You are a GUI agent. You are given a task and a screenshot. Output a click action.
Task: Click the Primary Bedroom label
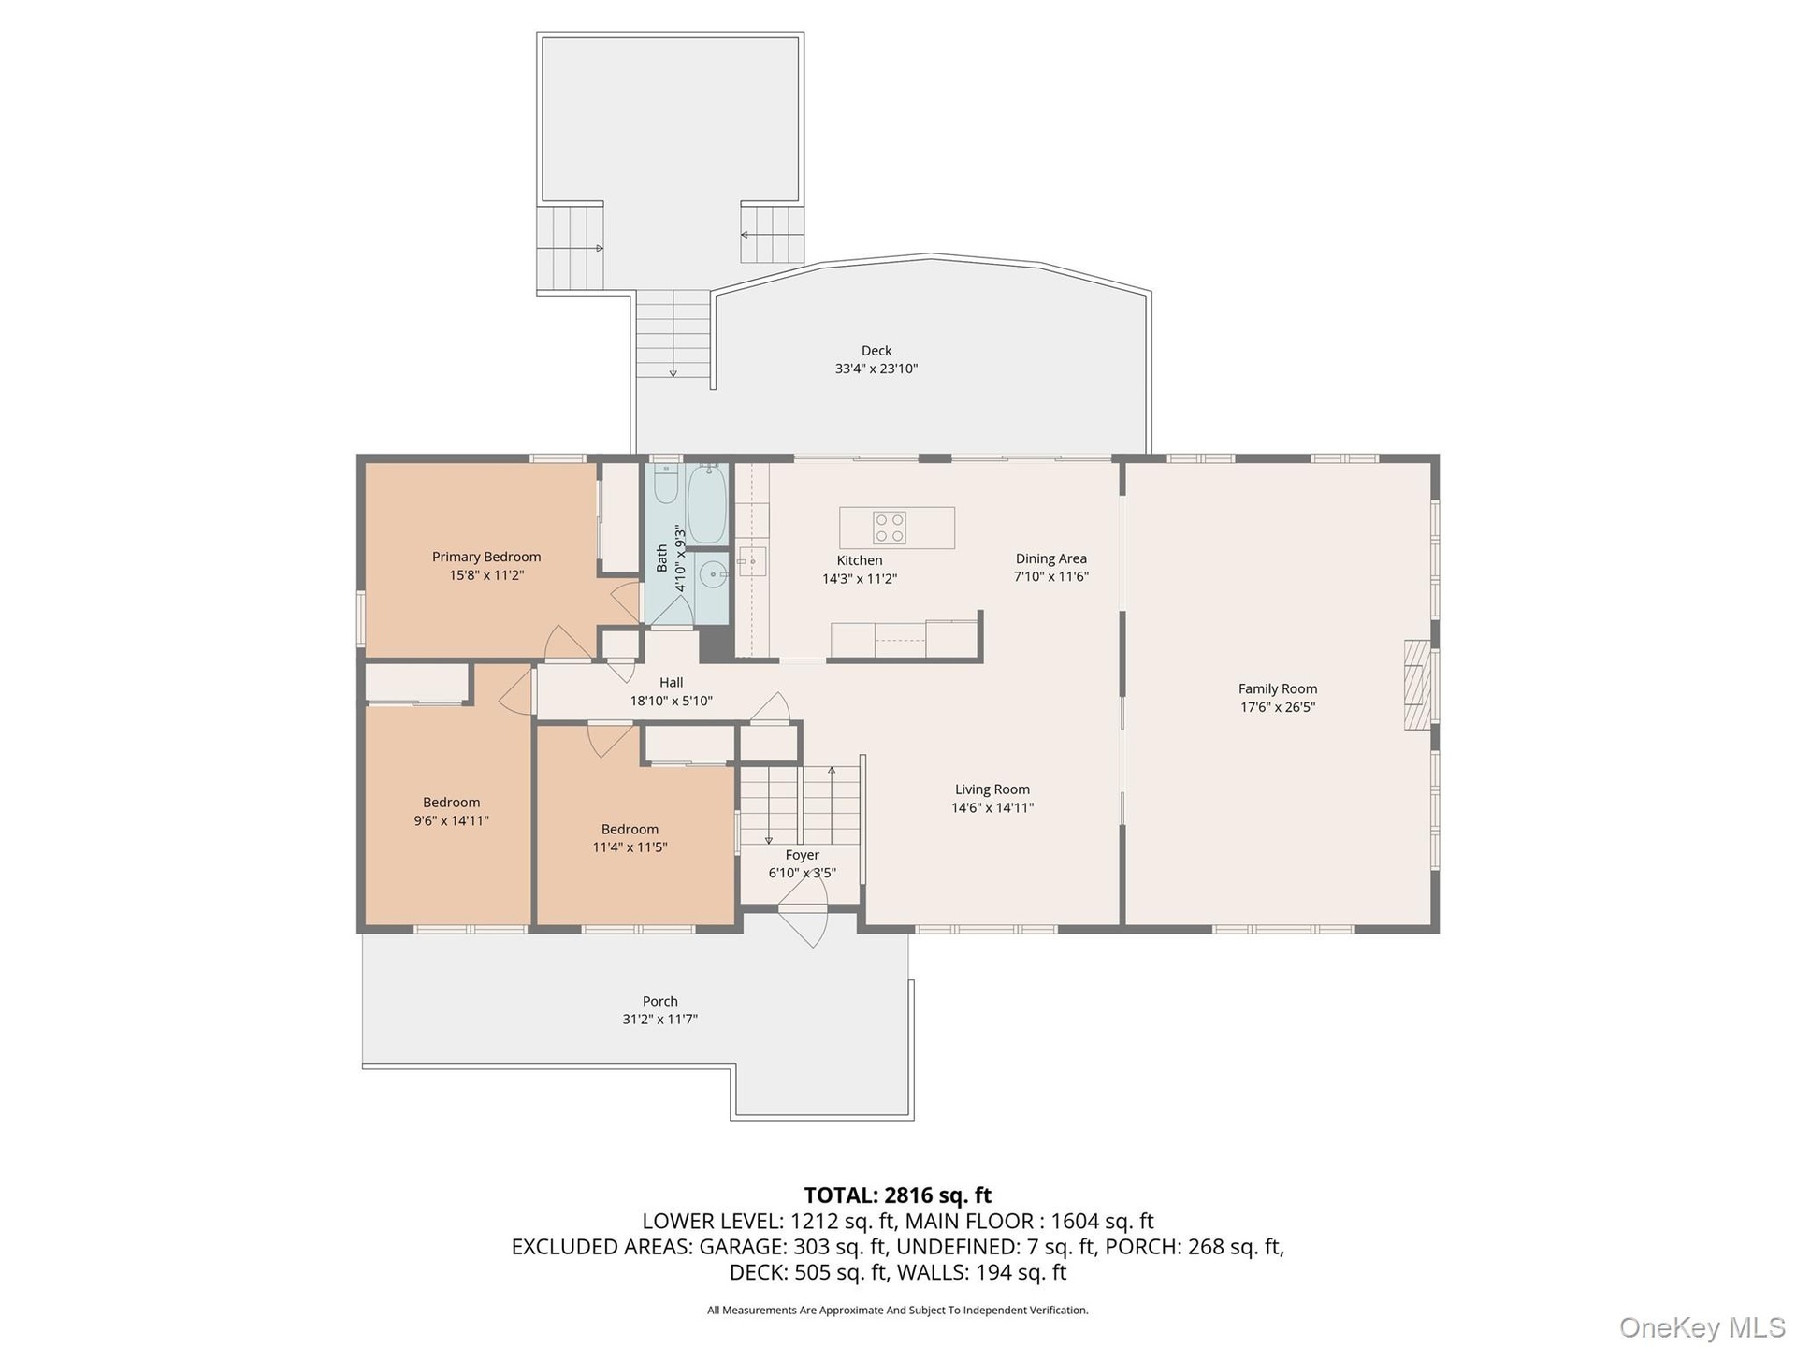(x=486, y=557)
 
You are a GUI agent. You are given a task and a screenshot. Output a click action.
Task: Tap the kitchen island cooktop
(x=889, y=528)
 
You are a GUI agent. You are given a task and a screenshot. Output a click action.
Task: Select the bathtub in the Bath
(x=707, y=505)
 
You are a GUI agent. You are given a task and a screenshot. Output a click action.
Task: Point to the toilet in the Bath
(x=666, y=485)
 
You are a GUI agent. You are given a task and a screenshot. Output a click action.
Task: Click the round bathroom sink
(x=715, y=572)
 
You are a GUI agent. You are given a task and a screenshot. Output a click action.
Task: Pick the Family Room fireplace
(x=1418, y=685)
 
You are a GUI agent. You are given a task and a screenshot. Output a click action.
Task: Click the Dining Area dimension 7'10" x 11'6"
(x=1051, y=577)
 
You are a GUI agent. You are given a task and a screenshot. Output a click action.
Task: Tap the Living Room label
(x=992, y=789)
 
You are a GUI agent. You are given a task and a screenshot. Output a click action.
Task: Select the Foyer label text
(x=803, y=855)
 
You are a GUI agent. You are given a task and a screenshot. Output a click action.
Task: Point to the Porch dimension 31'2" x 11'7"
(x=660, y=1020)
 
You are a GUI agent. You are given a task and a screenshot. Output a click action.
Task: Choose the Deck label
(x=876, y=351)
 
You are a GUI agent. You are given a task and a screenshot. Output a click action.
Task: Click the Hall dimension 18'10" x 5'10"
(x=672, y=701)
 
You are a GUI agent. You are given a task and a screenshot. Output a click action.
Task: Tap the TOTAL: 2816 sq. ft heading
(x=898, y=1195)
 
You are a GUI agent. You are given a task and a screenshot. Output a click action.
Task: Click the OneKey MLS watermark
(x=1702, y=1326)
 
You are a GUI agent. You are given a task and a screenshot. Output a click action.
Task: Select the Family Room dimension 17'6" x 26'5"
(x=1278, y=707)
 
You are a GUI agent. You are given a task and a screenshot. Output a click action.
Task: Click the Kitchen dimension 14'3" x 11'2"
(x=860, y=579)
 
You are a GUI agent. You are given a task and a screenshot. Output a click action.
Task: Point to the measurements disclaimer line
(x=898, y=1311)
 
